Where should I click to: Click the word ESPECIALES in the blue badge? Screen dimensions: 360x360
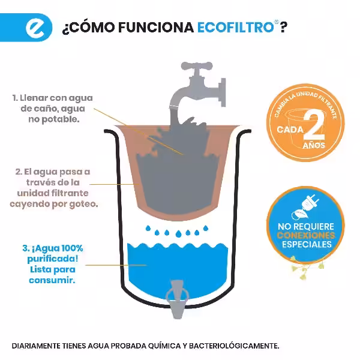(x=307, y=245)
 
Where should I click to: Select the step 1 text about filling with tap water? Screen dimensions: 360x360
(x=53, y=108)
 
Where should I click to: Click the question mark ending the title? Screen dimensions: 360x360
(x=283, y=28)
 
